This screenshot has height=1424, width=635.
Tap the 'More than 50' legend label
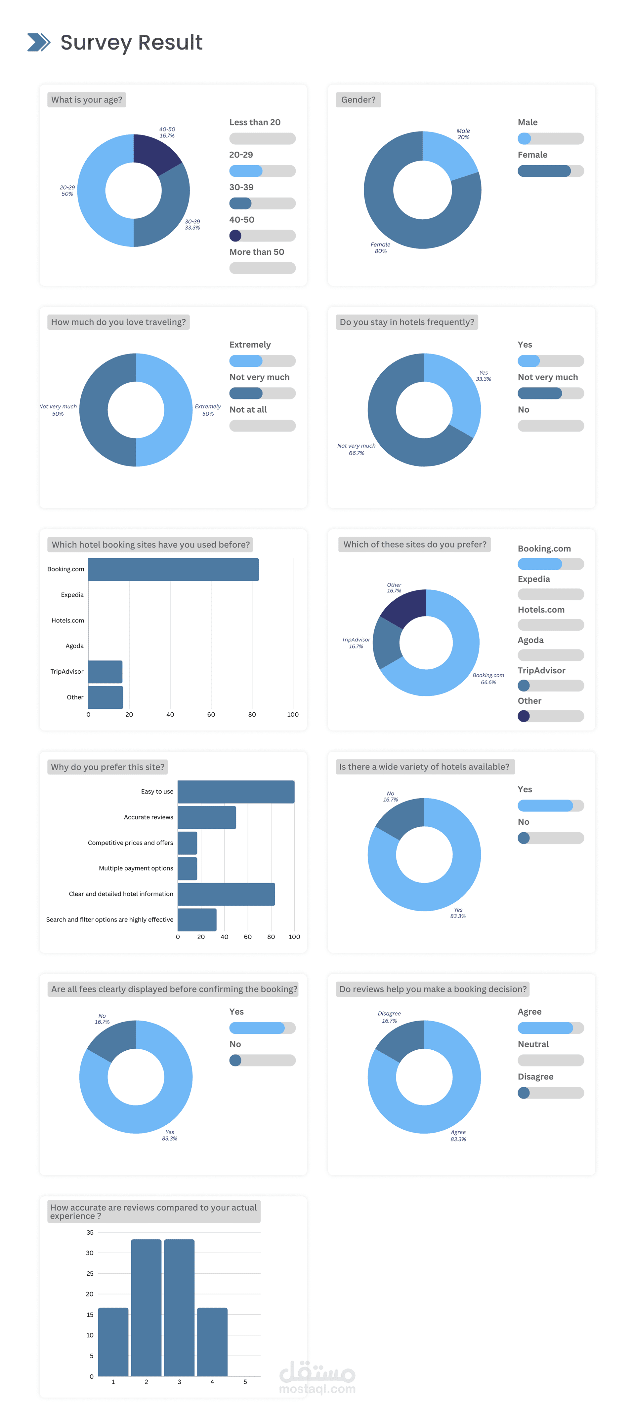[257, 252]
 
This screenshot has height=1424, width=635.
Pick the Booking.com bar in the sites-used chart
[173, 569]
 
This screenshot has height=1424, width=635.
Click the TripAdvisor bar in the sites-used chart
[105, 672]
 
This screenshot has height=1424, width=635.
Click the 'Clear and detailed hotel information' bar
[226, 894]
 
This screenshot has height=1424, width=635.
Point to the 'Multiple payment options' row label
[136, 868]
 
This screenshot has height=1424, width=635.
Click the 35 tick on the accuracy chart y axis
[90, 1232]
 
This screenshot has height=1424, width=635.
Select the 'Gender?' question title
[358, 99]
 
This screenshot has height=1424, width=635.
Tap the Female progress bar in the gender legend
[550, 171]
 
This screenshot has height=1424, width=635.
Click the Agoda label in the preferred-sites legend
[530, 640]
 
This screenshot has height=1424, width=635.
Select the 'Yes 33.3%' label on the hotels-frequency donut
[484, 376]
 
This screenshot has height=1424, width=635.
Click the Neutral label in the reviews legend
[533, 1044]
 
